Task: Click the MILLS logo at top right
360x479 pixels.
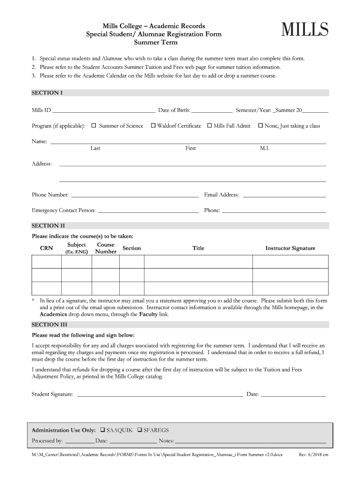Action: (x=304, y=30)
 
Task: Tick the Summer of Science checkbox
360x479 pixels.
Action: (x=94, y=126)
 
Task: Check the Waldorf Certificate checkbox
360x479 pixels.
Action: (x=153, y=126)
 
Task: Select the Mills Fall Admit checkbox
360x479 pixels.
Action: (x=209, y=126)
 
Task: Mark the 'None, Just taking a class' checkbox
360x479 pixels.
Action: (x=260, y=126)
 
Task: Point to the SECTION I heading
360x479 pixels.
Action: (x=47, y=93)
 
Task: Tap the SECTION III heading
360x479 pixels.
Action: (x=49, y=324)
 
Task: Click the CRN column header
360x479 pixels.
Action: (x=46, y=248)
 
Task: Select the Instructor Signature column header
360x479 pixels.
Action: (x=290, y=248)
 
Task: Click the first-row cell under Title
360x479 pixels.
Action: (x=198, y=261)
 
